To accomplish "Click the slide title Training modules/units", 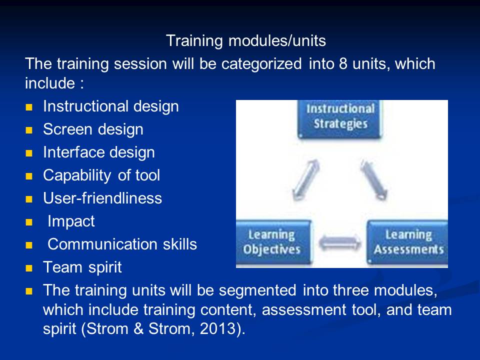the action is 246,40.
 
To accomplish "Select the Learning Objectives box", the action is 273,242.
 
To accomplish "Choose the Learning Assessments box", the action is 407,242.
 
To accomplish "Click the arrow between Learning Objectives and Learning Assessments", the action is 339,242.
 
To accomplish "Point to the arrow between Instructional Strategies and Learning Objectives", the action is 306,180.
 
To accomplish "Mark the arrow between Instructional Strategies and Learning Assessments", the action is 374,180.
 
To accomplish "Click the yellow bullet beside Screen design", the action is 29,130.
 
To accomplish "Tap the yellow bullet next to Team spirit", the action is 29,268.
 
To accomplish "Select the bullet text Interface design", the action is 99,152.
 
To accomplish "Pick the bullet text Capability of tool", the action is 101,175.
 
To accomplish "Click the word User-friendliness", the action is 102,198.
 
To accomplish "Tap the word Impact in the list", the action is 71,221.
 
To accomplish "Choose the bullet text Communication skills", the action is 122,244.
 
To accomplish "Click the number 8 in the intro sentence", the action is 343,63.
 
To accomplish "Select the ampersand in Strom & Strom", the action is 138,328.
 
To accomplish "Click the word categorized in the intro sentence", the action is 261,64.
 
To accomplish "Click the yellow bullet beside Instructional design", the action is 29,107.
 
